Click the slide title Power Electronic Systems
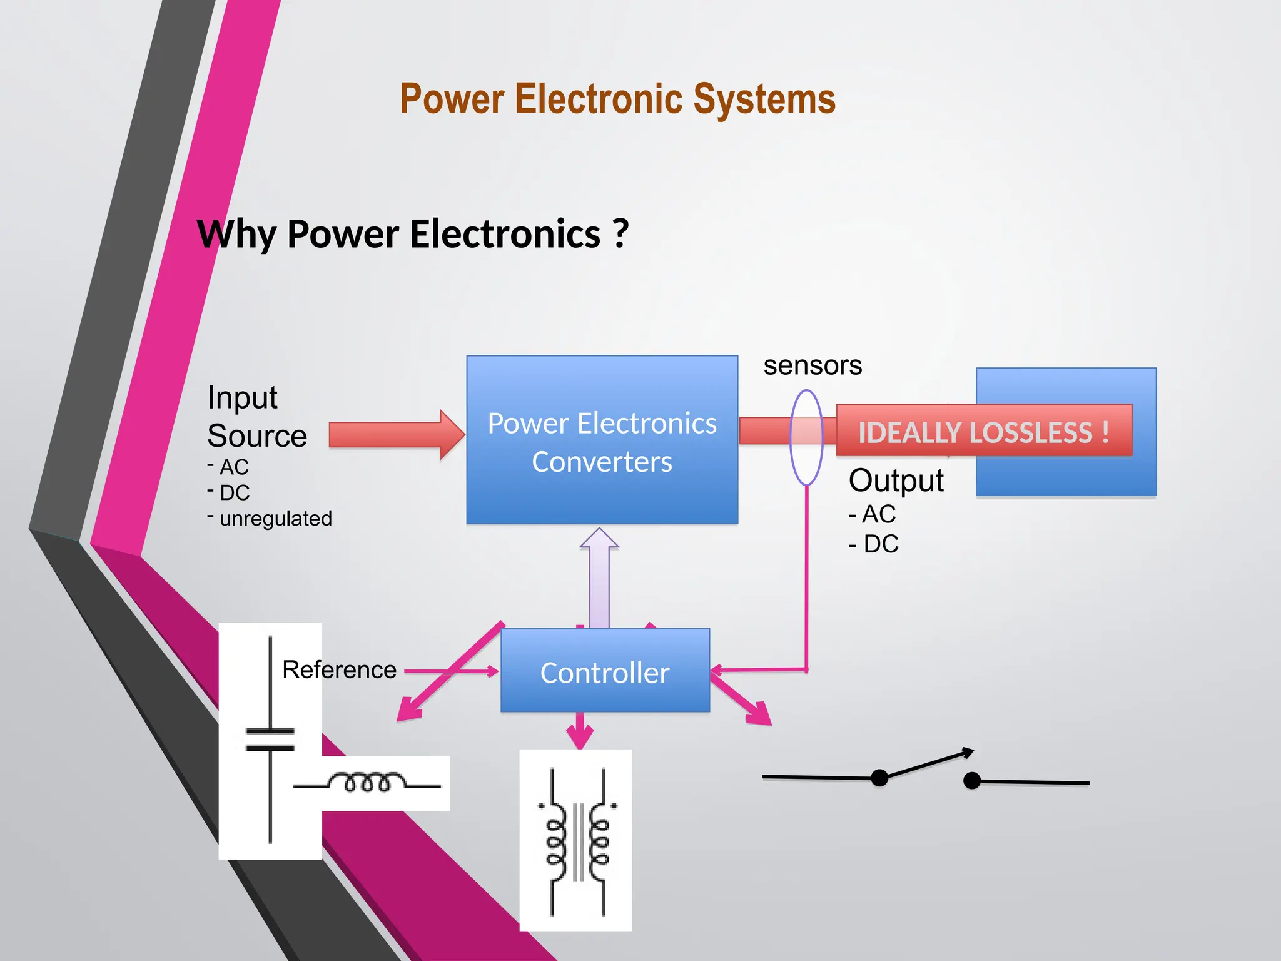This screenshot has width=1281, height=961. [x=617, y=99]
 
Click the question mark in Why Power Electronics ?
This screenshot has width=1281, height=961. [x=619, y=234]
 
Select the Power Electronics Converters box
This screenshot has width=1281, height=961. [x=602, y=440]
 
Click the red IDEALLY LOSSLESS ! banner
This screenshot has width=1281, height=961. [x=983, y=431]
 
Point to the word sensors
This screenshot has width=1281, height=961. [x=812, y=365]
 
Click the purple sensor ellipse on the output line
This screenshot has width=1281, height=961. [x=806, y=438]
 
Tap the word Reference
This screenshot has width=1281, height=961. [x=339, y=670]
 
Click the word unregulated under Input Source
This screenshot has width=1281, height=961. [x=275, y=519]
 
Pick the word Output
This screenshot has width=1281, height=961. [x=896, y=480]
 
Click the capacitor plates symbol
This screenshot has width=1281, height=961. [x=270, y=740]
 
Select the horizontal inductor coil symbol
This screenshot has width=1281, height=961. [x=368, y=783]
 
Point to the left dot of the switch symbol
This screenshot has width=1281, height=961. [x=879, y=778]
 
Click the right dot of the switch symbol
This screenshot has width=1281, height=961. [x=971, y=780]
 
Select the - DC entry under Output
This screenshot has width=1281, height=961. [x=874, y=544]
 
